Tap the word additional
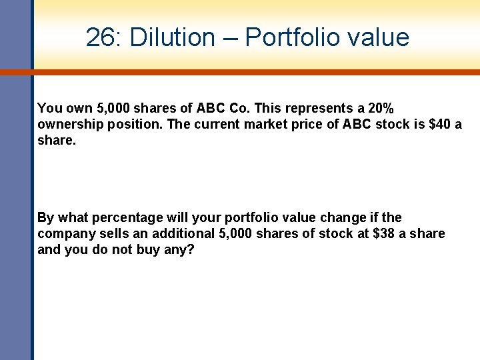point(185,234)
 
